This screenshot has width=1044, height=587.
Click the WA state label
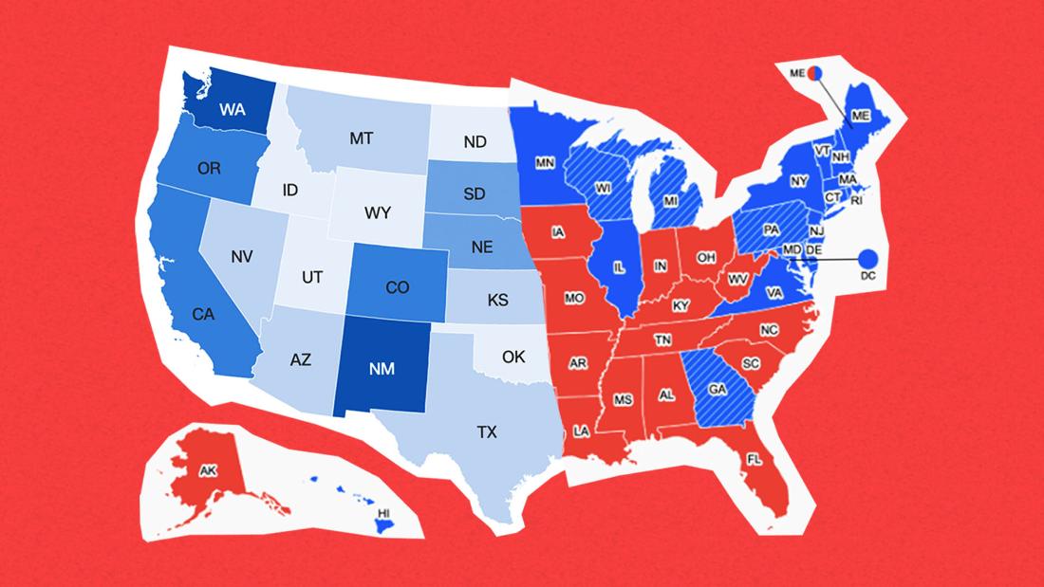pos(232,110)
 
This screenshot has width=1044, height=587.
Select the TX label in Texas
pos(486,432)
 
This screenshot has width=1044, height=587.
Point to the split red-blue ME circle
pos(815,71)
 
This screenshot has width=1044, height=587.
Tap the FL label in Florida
pos(754,459)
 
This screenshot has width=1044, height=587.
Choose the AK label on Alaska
pos(208,470)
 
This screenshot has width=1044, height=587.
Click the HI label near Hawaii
pos(384,512)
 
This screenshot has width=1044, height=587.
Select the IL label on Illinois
pos(619,267)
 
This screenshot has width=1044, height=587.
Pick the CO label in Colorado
pos(398,288)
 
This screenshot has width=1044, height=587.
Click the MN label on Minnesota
pos(545,164)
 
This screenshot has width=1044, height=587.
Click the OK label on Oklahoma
pos(513,358)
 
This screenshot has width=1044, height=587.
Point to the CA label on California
pos(202,313)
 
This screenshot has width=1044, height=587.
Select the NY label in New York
pos(798,180)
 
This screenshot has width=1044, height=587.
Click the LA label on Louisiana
pos(581,431)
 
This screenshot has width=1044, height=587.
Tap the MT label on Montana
pos(361,138)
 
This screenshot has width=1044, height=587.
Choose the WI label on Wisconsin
pos(602,188)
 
